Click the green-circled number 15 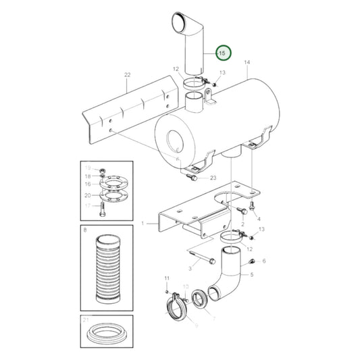(222, 52)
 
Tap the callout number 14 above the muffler (247, 63)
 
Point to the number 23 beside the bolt (213, 178)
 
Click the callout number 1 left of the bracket (143, 222)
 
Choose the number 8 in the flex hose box (84, 231)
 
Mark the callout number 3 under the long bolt (190, 269)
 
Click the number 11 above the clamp (166, 278)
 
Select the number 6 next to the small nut (263, 261)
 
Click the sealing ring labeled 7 (200, 298)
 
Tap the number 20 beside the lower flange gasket (87, 195)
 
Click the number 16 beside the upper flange (87, 184)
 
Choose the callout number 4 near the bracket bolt (258, 219)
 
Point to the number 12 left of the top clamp (175, 69)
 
